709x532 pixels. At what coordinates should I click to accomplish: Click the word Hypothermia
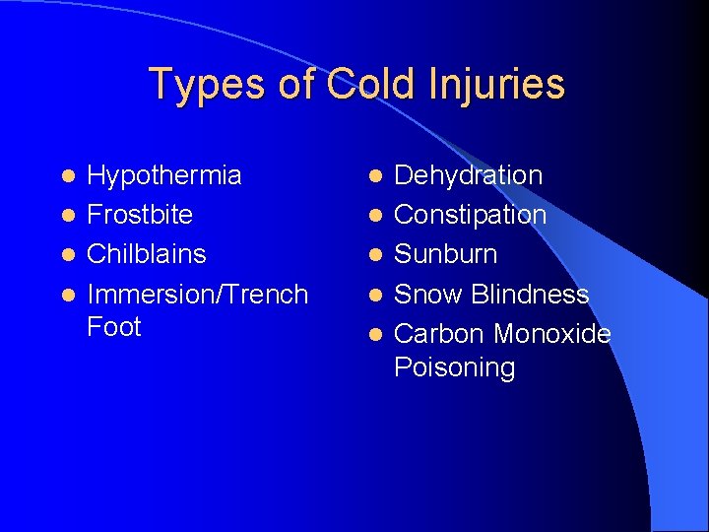(x=164, y=176)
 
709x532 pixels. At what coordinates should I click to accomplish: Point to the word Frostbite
(x=140, y=215)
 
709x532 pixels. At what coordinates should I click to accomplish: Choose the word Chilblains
(x=147, y=254)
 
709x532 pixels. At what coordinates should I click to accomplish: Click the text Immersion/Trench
(x=198, y=294)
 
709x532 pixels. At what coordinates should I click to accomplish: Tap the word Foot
(x=114, y=327)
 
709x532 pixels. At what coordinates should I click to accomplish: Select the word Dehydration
(x=469, y=176)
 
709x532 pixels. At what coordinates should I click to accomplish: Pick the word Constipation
(x=471, y=215)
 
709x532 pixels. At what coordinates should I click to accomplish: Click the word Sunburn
(x=446, y=254)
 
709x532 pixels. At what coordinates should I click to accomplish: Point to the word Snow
(x=429, y=294)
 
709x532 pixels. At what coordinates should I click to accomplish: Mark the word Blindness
(x=530, y=294)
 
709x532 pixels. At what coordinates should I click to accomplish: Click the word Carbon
(x=439, y=334)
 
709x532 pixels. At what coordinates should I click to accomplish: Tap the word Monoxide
(x=552, y=334)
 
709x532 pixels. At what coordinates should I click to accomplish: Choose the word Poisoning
(x=455, y=367)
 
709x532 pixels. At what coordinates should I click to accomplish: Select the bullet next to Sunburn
(x=374, y=255)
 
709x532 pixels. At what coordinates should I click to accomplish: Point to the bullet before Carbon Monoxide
(x=374, y=335)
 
